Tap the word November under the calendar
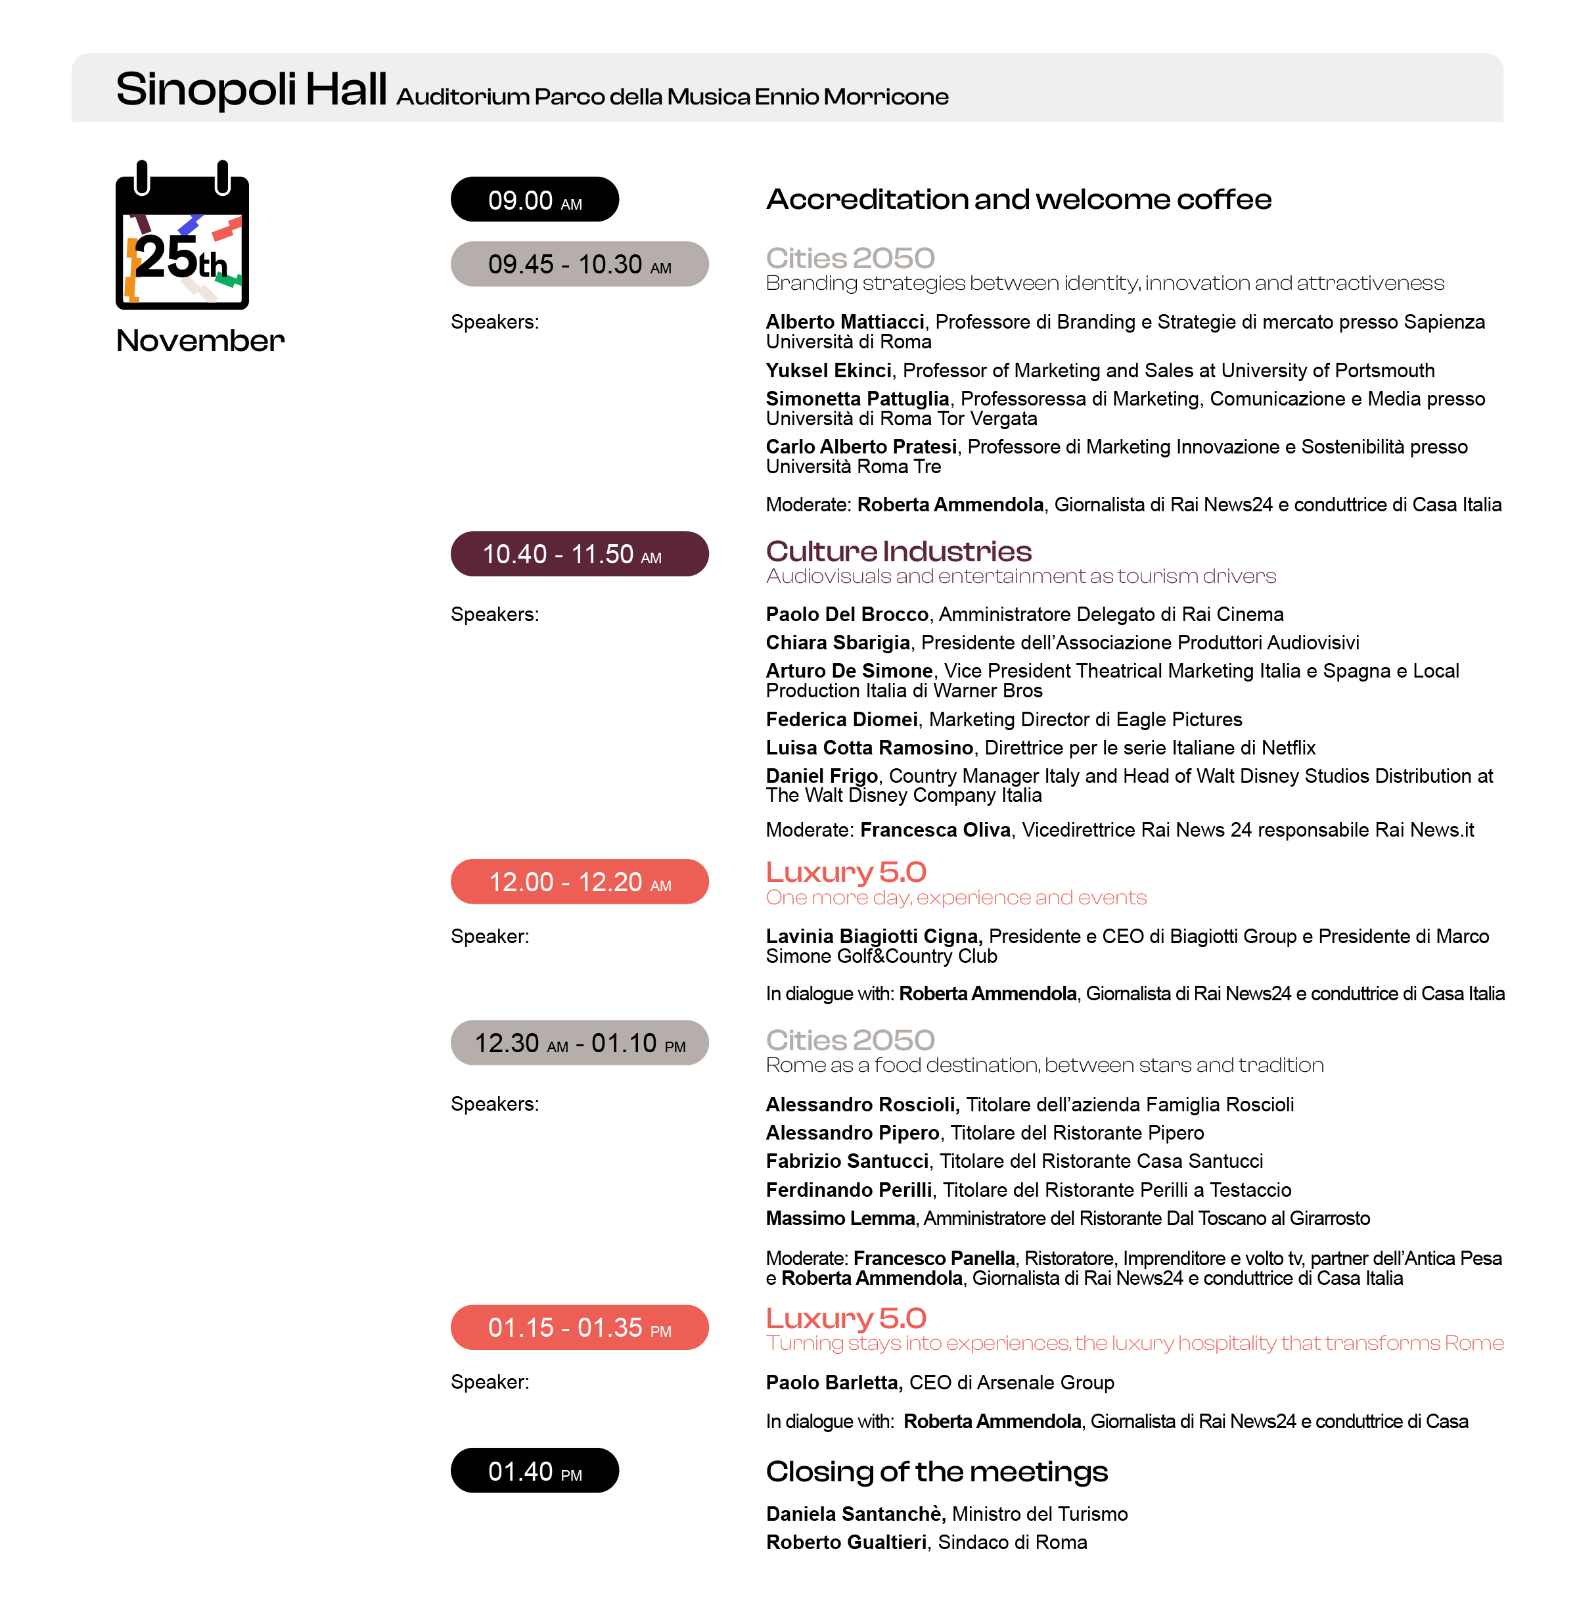click(200, 340)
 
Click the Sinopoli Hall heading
click(252, 89)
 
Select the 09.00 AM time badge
click(534, 200)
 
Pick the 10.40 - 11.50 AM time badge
click(579, 554)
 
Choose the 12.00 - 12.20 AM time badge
click(579, 881)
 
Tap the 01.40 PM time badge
click(534, 1470)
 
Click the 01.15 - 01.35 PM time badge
click(579, 1327)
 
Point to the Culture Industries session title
click(899, 551)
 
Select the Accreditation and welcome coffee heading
click(1018, 200)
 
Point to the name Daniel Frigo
click(821, 776)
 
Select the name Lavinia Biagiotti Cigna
click(872, 936)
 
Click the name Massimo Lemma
click(840, 1218)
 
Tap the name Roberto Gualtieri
click(846, 1542)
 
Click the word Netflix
click(1288, 748)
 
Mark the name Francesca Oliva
click(935, 830)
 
